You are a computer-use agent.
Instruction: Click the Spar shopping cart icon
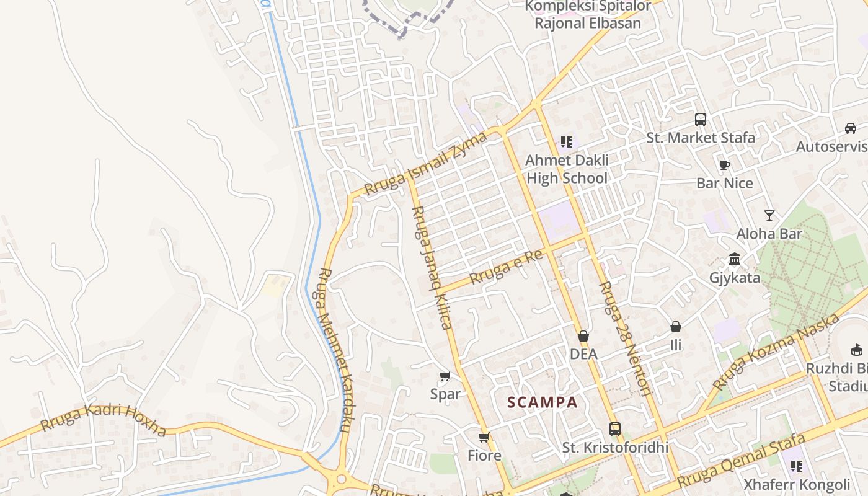[445, 376]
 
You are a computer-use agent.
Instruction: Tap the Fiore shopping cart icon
[484, 437]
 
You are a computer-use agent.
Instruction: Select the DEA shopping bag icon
[583, 336]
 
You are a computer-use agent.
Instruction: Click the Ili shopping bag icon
[676, 326]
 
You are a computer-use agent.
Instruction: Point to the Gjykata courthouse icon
[735, 259]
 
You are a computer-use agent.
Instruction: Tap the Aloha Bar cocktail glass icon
[769, 216]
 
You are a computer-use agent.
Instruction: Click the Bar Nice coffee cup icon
[724, 165]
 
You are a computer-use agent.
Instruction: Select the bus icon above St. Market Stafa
[701, 119]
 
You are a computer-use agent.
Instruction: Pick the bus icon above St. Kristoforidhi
[614, 428]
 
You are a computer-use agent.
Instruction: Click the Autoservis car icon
[851, 128]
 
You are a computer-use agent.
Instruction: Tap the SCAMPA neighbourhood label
[542, 402]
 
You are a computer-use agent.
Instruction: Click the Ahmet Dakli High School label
[567, 169]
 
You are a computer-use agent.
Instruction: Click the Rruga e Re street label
[507, 267]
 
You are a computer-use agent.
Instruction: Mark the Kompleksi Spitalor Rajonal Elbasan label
[587, 15]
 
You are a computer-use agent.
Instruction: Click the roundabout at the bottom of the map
[340, 479]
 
